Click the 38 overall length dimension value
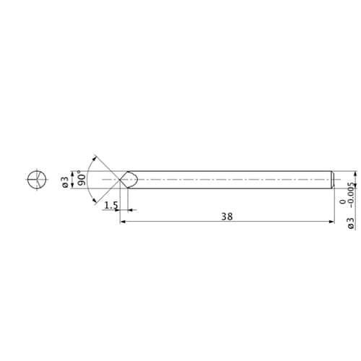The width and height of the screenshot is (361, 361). coord(227,217)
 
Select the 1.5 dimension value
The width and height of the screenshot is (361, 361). coord(111,205)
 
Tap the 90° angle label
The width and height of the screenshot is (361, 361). coord(82,178)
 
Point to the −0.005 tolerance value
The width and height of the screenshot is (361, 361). coord(352,195)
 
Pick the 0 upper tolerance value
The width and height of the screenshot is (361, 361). coord(343,201)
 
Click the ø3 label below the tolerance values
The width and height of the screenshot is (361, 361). coord(351,223)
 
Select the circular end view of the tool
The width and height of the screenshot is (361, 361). coord(37,180)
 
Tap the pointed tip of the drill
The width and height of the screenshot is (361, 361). coord(120,180)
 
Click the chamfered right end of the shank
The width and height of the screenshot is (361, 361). coord(333,180)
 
